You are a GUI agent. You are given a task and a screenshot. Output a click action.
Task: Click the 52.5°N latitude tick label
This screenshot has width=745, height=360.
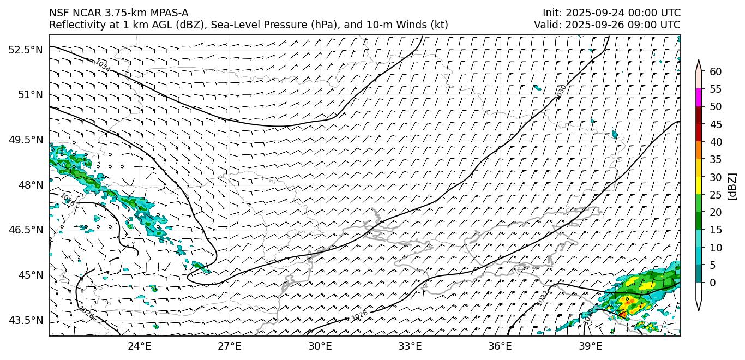click(x=25, y=50)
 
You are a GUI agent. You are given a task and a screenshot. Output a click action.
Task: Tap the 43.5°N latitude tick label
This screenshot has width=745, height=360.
click(x=25, y=320)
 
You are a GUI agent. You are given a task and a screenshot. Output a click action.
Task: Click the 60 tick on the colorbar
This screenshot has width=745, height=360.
click(x=716, y=72)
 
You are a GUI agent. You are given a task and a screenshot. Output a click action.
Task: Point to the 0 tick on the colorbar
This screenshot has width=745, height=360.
click(x=713, y=283)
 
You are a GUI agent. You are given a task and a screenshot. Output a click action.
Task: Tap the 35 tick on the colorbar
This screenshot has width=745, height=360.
click(x=716, y=160)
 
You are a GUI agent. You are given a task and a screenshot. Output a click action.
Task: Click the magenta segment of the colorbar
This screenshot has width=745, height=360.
click(x=699, y=98)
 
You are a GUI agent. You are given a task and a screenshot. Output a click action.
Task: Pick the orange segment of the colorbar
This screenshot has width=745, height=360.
click(x=699, y=151)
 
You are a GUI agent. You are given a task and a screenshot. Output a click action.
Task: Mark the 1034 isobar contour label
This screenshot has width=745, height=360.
click(x=102, y=66)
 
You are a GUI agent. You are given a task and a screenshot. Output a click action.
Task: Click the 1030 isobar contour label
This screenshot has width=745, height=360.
click(x=560, y=92)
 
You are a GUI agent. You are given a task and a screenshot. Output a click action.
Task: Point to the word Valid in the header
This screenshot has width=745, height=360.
click(x=547, y=25)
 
